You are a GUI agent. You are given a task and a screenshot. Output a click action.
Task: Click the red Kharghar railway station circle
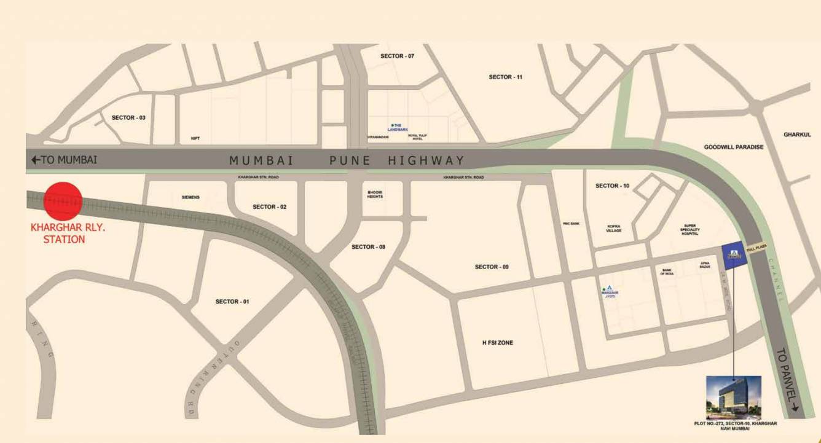pyautogui.click(x=63, y=201)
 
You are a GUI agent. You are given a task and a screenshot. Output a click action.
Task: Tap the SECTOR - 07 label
pyautogui.click(x=397, y=56)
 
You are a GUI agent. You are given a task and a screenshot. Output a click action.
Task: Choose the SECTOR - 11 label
pyautogui.click(x=505, y=77)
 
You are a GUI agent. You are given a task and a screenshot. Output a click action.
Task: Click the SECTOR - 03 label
pyautogui.click(x=128, y=117)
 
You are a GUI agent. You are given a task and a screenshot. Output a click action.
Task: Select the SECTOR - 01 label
pyautogui.click(x=232, y=302)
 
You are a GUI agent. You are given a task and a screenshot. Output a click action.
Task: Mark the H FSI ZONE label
pyautogui.click(x=497, y=343)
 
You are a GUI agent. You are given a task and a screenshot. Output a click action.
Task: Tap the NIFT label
pyautogui.click(x=195, y=139)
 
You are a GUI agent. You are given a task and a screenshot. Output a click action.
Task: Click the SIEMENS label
pyautogui.click(x=191, y=197)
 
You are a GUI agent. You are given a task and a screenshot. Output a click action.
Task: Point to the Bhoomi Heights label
pyautogui.click(x=375, y=194)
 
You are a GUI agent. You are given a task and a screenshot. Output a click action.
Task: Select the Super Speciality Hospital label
pyautogui.click(x=689, y=230)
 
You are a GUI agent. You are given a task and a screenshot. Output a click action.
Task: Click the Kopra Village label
pyautogui.click(x=614, y=228)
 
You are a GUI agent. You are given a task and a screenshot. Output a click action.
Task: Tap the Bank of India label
pyautogui.click(x=667, y=272)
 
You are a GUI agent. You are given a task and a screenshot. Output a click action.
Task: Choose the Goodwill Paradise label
pyautogui.click(x=733, y=147)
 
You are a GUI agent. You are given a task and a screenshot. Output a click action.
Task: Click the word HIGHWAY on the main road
pyautogui.click(x=426, y=160)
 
